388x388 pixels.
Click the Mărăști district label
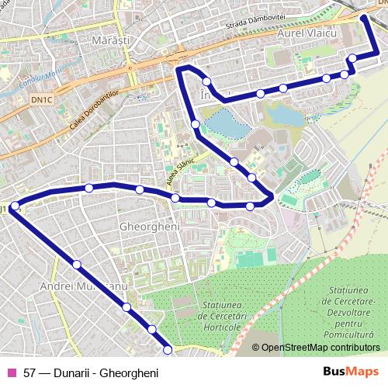point(109,38)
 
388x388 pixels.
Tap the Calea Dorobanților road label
point(95,109)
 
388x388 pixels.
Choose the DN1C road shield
point(43,99)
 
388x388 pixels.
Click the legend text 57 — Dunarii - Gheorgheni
point(91,373)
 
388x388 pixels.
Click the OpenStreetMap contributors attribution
point(320,348)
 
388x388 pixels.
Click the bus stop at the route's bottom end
point(167,351)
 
